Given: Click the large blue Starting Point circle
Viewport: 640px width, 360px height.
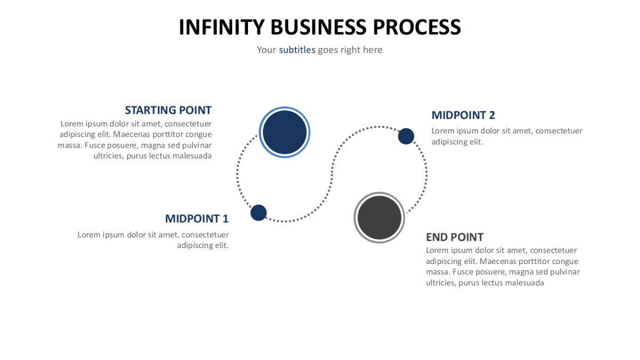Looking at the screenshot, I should click(x=284, y=132).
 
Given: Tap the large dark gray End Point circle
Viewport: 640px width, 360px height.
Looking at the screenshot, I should click(x=379, y=218).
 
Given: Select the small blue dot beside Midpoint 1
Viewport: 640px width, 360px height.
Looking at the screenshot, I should click(x=259, y=213).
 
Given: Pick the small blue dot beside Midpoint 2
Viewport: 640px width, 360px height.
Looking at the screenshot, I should click(x=406, y=137).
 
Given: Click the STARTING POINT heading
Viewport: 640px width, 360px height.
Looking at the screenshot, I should click(x=168, y=110).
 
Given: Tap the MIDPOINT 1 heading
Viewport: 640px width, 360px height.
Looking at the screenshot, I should click(x=196, y=219).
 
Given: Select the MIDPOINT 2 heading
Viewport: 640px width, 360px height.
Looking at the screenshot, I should click(x=463, y=115).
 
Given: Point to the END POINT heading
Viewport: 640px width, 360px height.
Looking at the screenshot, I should click(x=454, y=237).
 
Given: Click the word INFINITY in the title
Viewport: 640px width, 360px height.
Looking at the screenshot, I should click(x=221, y=27).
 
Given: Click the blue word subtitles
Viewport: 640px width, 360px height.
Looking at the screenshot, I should click(x=297, y=50).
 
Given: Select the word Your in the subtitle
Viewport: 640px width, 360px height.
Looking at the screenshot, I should click(x=266, y=50).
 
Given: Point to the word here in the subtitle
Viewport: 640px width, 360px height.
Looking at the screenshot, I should click(x=373, y=50).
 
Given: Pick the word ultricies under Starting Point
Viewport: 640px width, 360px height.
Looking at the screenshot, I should click(x=108, y=156).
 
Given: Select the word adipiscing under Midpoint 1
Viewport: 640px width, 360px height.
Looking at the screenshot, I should click(x=195, y=245).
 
